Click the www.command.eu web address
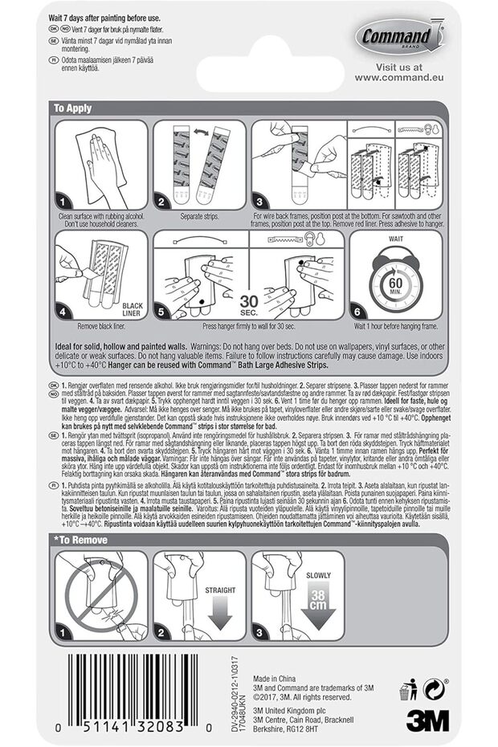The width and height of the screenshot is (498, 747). point(399,78)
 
